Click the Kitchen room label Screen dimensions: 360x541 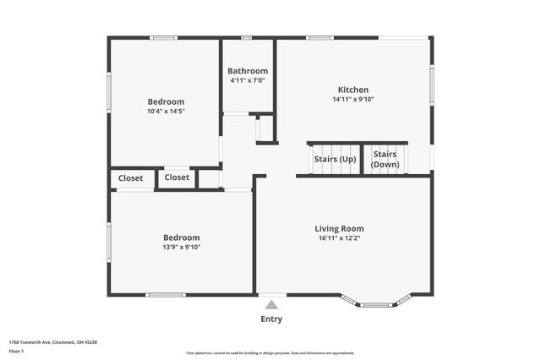click(x=353, y=90)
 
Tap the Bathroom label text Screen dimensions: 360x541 click(x=249, y=71)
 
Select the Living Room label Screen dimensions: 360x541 click(x=339, y=228)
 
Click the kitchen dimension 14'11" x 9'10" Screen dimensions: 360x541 click(x=353, y=100)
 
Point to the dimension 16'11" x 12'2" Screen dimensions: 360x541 click(x=339, y=238)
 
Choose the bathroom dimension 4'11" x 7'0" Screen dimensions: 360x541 click(x=249, y=80)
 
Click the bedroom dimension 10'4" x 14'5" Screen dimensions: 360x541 click(x=166, y=111)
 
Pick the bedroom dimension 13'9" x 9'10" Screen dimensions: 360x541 click(x=182, y=247)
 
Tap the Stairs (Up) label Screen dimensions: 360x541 click(x=335, y=159)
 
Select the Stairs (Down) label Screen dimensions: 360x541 click(x=385, y=160)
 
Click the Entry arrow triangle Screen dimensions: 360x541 click(x=271, y=304)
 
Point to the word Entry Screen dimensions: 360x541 click(x=271, y=319)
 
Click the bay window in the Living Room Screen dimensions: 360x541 click(x=375, y=302)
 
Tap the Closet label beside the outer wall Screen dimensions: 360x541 click(x=131, y=178)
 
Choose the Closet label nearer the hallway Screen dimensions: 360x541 click(x=177, y=177)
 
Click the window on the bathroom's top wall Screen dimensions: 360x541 click(x=247, y=37)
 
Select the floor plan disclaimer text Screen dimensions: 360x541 click(x=270, y=353)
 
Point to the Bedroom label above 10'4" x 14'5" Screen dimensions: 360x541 click(x=166, y=101)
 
